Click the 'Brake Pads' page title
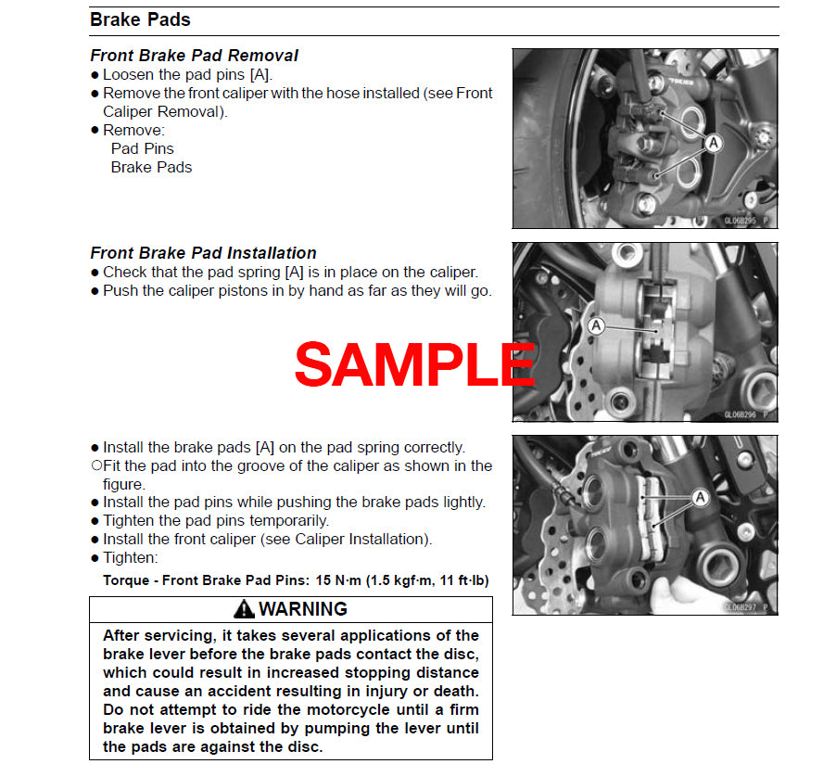pos(140,19)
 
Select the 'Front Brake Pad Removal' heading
pos(194,56)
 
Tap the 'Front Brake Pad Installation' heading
pos(203,253)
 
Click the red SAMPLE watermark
pos(414,364)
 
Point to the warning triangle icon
pos(244,609)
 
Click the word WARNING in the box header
pos(302,609)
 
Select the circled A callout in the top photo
pos(713,143)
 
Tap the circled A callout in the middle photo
pos(596,325)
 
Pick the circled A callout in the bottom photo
pos(700,498)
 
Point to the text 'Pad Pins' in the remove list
pos(142,148)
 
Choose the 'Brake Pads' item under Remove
pos(151,167)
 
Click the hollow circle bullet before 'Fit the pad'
pos(95,465)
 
